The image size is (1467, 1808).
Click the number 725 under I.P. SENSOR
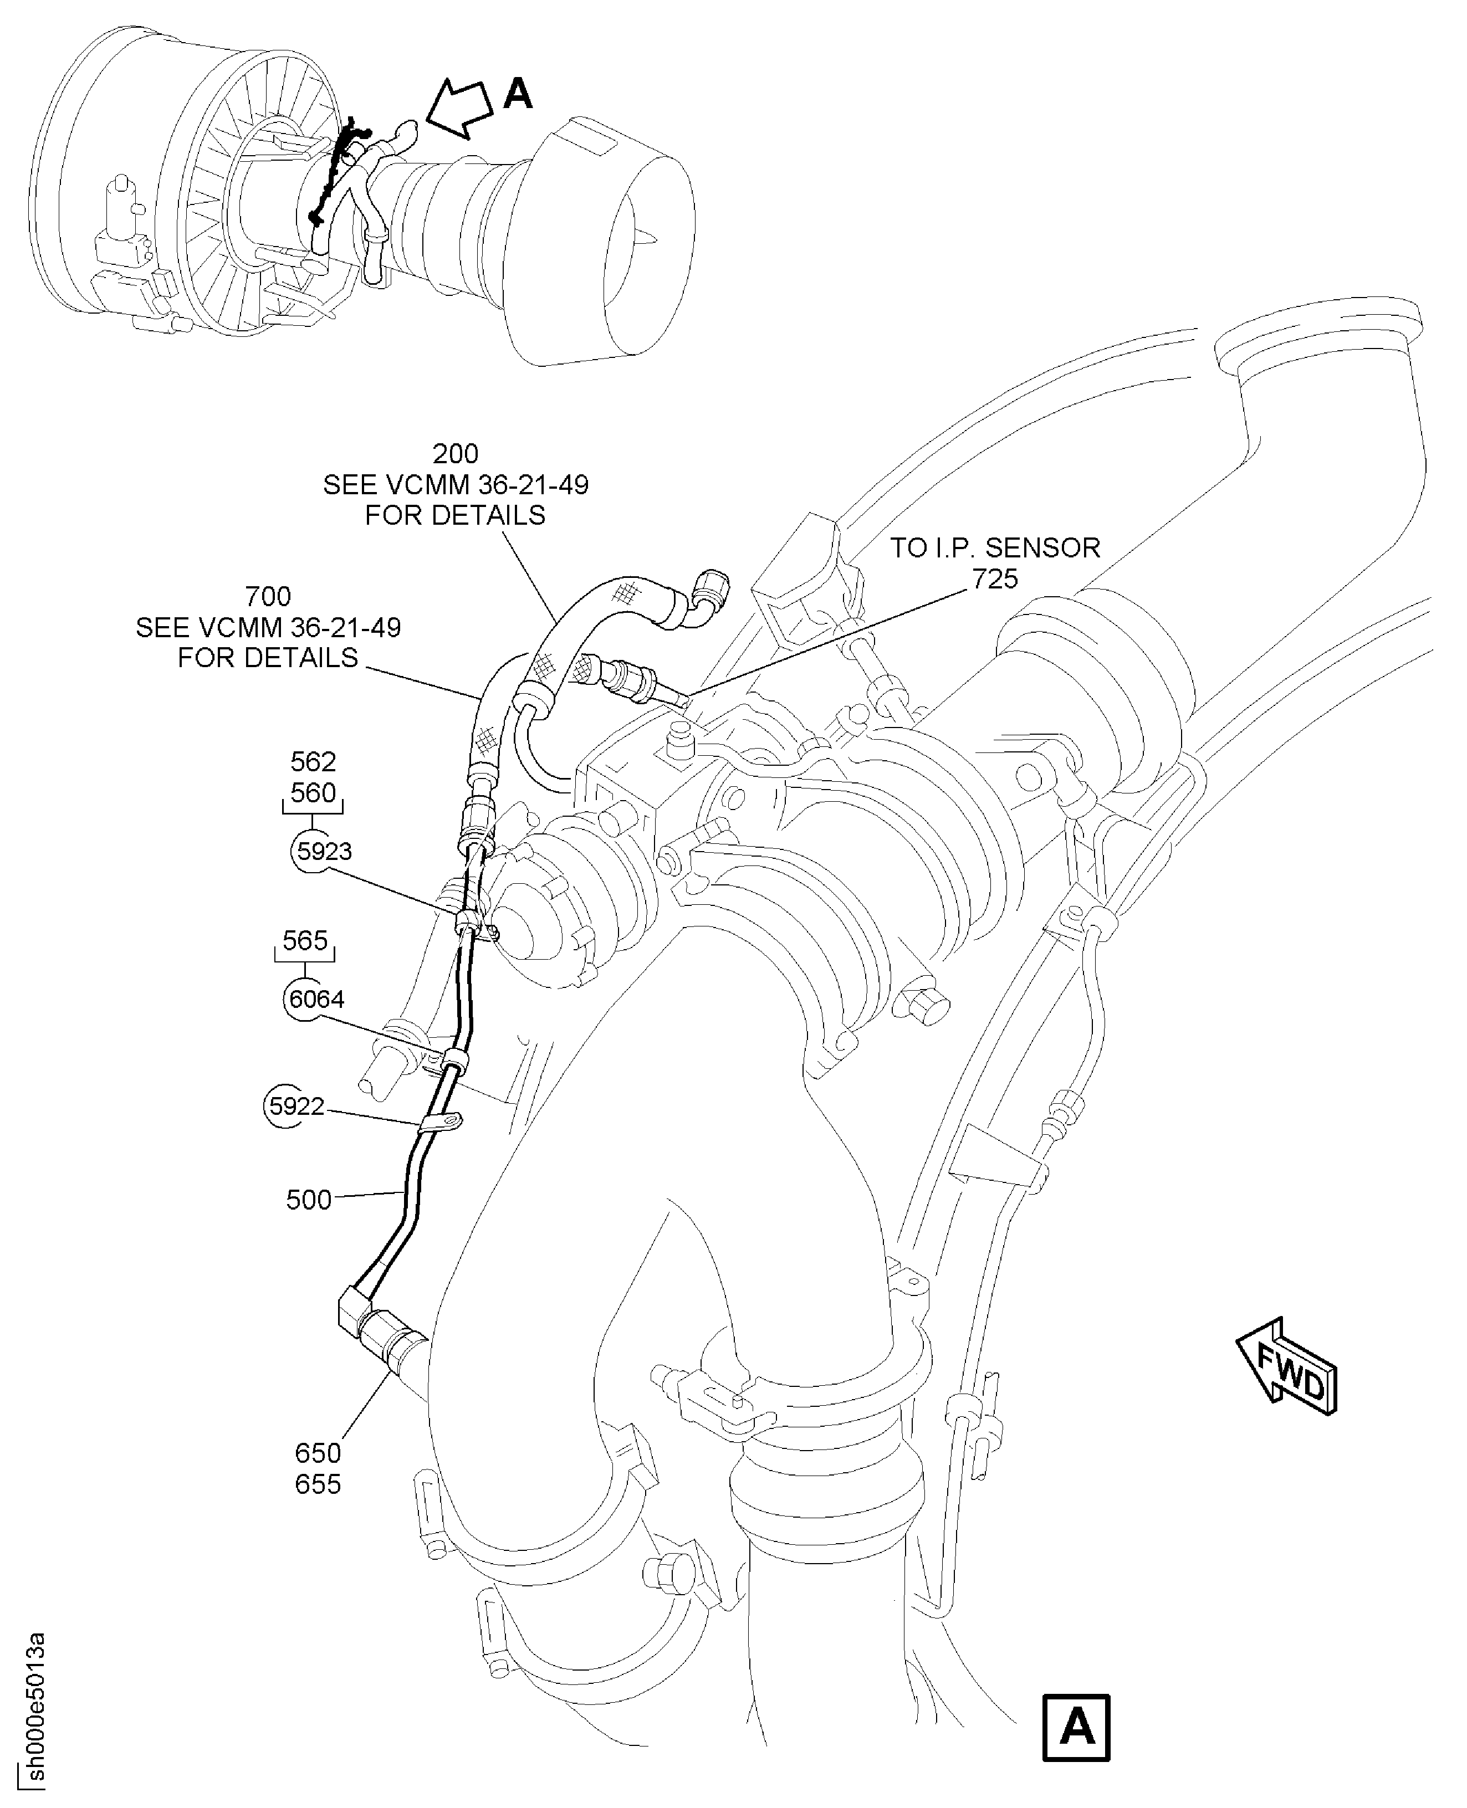coord(995,580)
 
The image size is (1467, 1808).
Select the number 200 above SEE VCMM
coord(456,454)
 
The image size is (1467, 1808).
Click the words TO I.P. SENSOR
coord(995,549)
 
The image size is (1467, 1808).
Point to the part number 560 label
coord(313,793)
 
